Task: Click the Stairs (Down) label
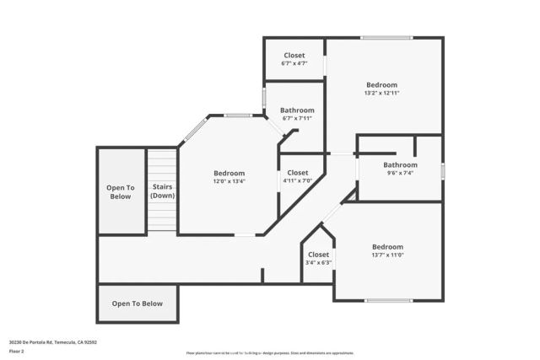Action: [162, 191]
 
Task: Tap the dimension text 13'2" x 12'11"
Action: [382, 94]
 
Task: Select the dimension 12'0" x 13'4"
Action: [229, 181]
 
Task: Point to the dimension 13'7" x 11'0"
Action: [388, 255]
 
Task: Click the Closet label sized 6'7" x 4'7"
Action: [294, 56]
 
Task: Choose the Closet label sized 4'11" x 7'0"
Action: [297, 173]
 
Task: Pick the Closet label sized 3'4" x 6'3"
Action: [318, 254]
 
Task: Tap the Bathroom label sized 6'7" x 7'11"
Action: [297, 110]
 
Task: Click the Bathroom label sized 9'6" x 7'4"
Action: [400, 165]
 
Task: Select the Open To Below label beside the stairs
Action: [120, 192]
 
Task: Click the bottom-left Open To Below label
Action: [138, 304]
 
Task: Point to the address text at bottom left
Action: [53, 342]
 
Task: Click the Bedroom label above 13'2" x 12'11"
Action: [382, 84]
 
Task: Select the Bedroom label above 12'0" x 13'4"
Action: [229, 173]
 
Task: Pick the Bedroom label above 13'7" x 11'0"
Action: [388, 247]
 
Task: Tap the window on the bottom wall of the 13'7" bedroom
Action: [387, 300]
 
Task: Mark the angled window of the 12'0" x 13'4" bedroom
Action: [194, 130]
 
